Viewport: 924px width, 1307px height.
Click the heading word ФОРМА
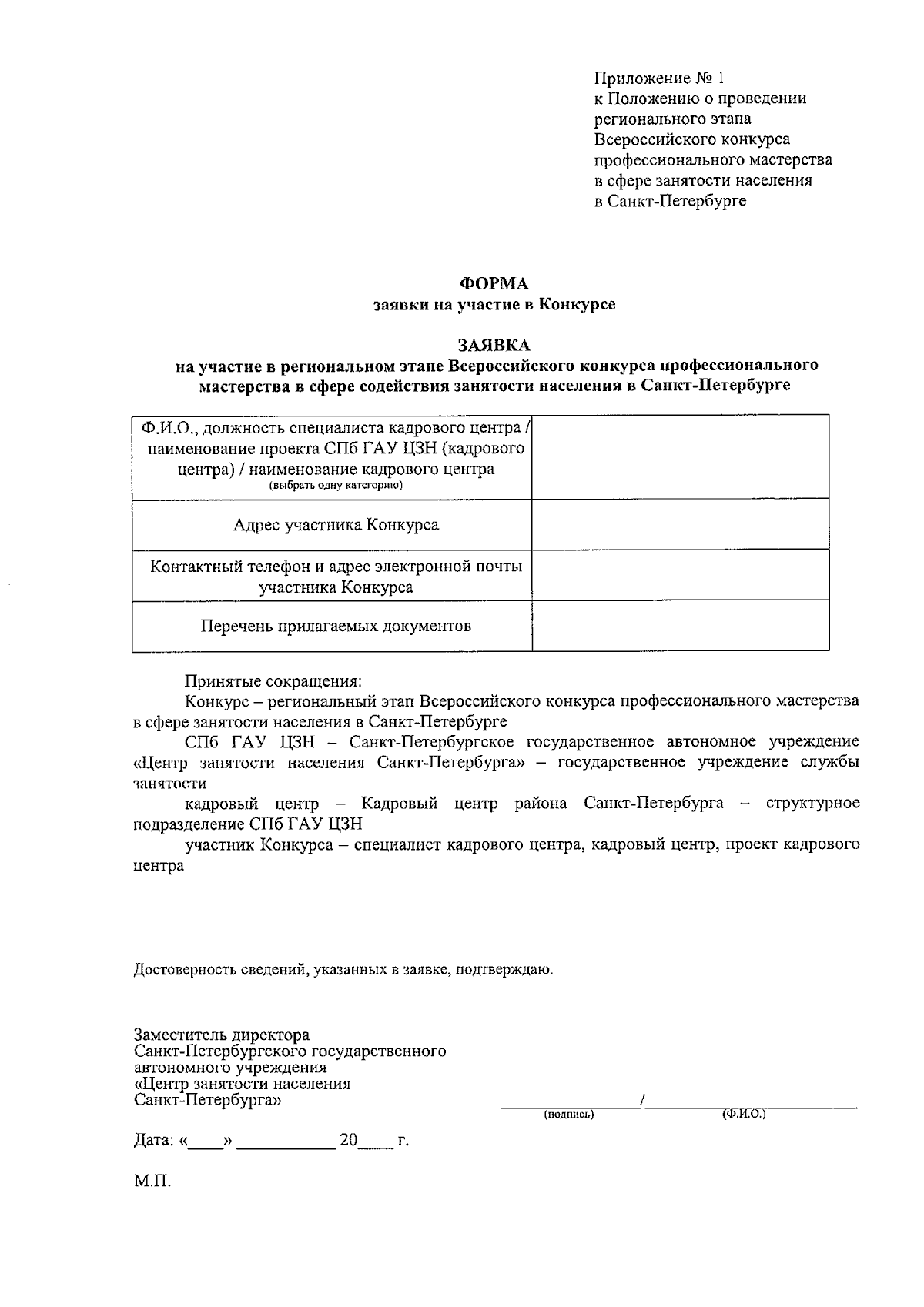tap(494, 284)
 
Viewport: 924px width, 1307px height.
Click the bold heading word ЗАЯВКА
tap(494, 344)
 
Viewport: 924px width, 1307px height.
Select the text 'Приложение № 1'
tap(659, 78)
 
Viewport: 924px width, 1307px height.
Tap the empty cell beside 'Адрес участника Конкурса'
tap(680, 525)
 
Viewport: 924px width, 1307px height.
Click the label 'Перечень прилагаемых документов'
tap(336, 626)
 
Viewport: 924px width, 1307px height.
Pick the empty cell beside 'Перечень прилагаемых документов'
tap(680, 626)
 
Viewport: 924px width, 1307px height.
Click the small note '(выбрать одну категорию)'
tap(336, 486)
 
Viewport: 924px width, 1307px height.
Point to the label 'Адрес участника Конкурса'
tap(336, 525)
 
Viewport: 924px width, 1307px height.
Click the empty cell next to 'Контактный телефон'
tap(680, 575)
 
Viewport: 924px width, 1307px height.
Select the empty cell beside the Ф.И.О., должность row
tap(680, 457)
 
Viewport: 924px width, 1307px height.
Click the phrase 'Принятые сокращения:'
tap(273, 681)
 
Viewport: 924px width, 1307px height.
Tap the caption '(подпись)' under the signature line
tap(569, 1115)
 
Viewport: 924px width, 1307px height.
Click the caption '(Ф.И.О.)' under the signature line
tap(743, 1115)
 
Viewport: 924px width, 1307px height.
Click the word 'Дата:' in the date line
tap(155, 1140)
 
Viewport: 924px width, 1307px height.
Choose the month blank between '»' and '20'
tap(286, 1141)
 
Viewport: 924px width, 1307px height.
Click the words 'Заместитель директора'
tap(222, 1035)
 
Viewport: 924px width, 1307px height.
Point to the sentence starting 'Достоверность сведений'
tap(343, 969)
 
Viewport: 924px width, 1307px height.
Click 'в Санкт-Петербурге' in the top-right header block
tap(670, 201)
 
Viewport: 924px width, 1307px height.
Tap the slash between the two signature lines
tap(641, 1101)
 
